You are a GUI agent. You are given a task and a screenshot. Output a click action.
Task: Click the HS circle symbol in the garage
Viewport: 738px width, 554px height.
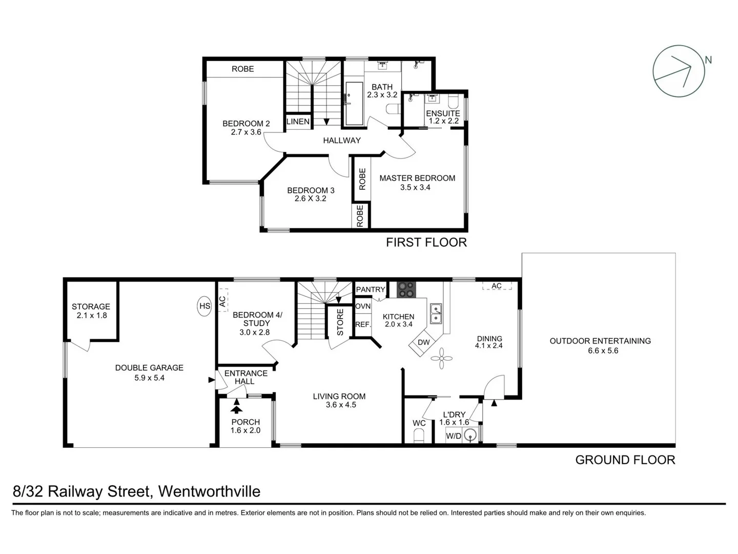[x=204, y=306]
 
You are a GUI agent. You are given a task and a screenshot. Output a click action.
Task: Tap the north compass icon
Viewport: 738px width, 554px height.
[x=679, y=71]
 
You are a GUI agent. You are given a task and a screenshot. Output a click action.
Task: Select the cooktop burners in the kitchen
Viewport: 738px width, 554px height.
[x=407, y=289]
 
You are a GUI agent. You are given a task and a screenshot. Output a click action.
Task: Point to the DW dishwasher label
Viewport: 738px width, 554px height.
[x=423, y=343]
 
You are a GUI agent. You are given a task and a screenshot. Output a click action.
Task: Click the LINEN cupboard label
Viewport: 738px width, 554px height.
[x=298, y=122]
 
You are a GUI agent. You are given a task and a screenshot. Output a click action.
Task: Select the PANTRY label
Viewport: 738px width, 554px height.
[x=370, y=289]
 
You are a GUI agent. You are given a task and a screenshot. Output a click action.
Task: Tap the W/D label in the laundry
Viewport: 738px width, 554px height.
[x=454, y=436]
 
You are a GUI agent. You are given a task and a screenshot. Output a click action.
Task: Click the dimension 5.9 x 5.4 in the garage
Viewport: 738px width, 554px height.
[x=149, y=378]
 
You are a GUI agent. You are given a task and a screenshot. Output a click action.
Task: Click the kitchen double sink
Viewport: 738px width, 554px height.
[x=436, y=313]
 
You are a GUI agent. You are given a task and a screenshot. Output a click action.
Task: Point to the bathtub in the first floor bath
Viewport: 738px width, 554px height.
[x=354, y=104]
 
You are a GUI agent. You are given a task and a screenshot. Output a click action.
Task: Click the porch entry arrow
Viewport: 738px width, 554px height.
[x=236, y=407]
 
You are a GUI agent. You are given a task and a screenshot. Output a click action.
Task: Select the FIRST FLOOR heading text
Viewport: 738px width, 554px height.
[x=426, y=243]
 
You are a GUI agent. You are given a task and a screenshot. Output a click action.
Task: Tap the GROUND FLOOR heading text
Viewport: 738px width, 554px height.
[x=625, y=460]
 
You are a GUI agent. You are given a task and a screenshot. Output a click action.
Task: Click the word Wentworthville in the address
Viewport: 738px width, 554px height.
[x=209, y=491]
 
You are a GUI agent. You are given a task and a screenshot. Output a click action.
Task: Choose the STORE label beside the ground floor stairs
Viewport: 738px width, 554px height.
[x=340, y=322]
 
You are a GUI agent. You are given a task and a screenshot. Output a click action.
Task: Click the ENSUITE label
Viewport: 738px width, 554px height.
[x=443, y=113]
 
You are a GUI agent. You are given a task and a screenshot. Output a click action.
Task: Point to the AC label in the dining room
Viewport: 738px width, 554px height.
[x=496, y=286]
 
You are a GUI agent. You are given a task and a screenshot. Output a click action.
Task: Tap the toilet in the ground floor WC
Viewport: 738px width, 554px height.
[x=419, y=436]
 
